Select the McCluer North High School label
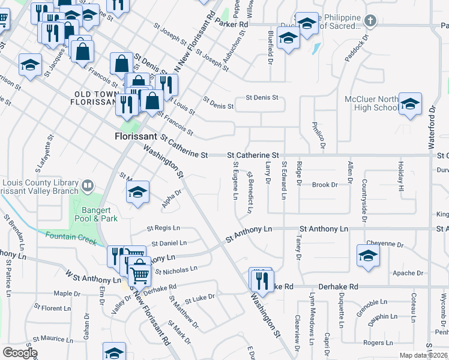point(370,103)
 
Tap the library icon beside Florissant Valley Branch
point(88,186)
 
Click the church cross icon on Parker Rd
point(371,21)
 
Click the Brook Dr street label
point(325,185)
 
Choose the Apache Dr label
point(408,273)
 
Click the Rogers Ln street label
point(378,343)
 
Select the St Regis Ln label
point(163,228)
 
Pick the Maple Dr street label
point(67,293)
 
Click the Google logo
point(19,353)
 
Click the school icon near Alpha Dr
point(137,193)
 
